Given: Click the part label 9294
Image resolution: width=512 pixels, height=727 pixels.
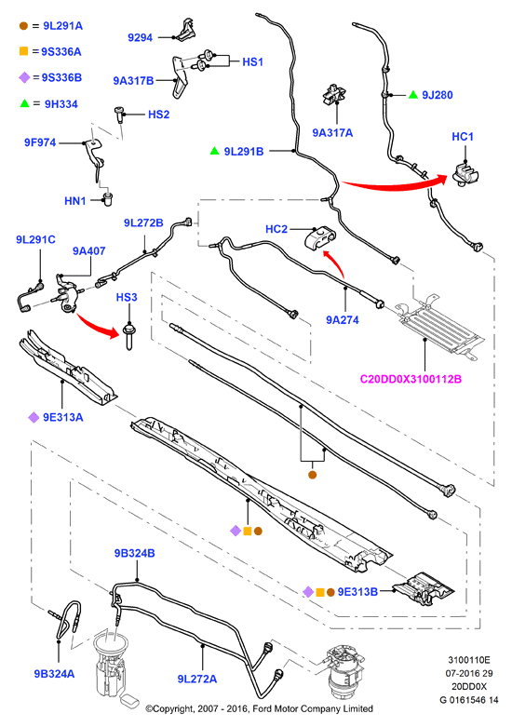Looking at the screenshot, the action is point(140,37).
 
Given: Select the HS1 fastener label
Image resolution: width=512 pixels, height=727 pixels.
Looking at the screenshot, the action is point(253,61).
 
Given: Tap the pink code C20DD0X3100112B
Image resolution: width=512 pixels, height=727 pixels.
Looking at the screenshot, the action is point(411,379).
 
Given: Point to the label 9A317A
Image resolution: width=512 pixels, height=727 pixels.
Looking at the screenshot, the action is point(332,133).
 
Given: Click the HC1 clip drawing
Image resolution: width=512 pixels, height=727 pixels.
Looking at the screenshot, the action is point(465,173).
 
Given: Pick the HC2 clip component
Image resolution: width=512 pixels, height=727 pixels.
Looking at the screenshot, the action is point(320,239).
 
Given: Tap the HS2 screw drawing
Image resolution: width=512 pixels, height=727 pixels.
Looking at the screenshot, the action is point(119,114).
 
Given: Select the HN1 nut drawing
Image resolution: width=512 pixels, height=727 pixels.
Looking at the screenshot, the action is point(107,200).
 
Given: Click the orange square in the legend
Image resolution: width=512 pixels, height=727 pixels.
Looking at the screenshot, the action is point(23,51).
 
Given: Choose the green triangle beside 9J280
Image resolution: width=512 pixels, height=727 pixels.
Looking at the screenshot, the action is point(413,95).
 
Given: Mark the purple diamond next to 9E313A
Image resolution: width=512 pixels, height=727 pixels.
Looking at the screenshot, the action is point(34,418).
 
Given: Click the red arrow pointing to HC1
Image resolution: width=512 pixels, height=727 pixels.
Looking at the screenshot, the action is point(394,184).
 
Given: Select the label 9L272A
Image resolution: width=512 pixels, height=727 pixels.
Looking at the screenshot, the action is point(197,679).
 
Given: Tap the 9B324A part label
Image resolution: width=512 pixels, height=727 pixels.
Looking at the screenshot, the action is point(54,674).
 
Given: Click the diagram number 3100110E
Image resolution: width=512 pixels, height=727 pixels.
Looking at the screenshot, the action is point(469,660).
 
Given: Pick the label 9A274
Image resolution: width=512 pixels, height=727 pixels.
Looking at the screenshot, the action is point(343,320).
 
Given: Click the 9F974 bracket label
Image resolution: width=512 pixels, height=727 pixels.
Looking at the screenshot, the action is point(40,142).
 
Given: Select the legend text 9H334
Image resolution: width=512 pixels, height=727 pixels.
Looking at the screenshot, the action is point(61,104).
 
